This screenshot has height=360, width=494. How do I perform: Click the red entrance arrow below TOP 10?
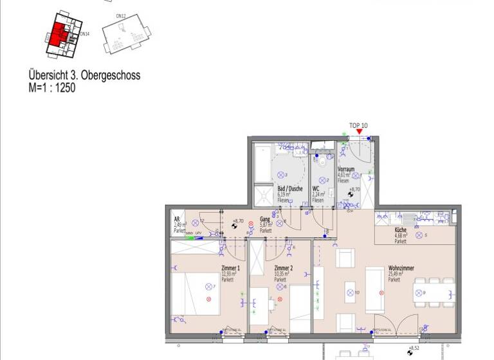point(359,132)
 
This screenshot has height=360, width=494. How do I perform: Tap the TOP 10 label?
point(358,125)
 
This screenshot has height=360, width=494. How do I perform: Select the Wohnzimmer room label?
point(401,269)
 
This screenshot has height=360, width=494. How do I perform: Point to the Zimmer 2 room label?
point(283,268)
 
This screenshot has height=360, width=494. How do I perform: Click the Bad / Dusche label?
point(290,188)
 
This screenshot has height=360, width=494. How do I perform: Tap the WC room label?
point(316,188)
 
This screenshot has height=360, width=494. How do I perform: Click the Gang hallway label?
point(265,219)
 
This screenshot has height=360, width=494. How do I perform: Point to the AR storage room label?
point(177,219)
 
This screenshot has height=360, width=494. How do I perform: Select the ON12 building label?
point(120,15)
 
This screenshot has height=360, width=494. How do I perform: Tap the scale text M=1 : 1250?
point(52,88)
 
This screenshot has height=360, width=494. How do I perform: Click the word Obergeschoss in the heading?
point(110,75)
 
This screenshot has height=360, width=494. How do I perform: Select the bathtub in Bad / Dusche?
point(262,165)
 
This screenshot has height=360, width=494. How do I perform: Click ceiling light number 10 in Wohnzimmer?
point(351,293)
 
